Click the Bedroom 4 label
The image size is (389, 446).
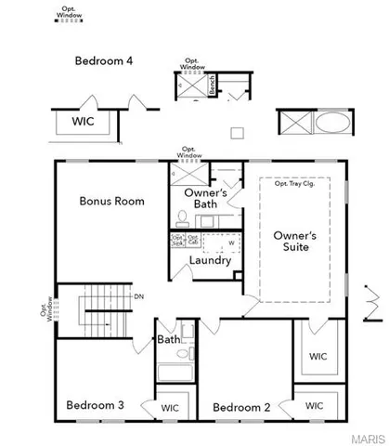click(x=104, y=61)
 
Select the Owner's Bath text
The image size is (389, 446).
click(x=200, y=198)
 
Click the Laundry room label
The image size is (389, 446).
click(x=209, y=260)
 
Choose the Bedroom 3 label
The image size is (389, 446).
click(x=96, y=406)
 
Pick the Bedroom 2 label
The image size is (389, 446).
click(x=241, y=406)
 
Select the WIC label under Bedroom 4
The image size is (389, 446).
click(x=84, y=121)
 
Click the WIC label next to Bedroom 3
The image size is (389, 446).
click(x=170, y=406)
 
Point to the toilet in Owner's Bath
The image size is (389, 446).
click(x=183, y=219)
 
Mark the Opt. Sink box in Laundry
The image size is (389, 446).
click(x=177, y=240)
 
